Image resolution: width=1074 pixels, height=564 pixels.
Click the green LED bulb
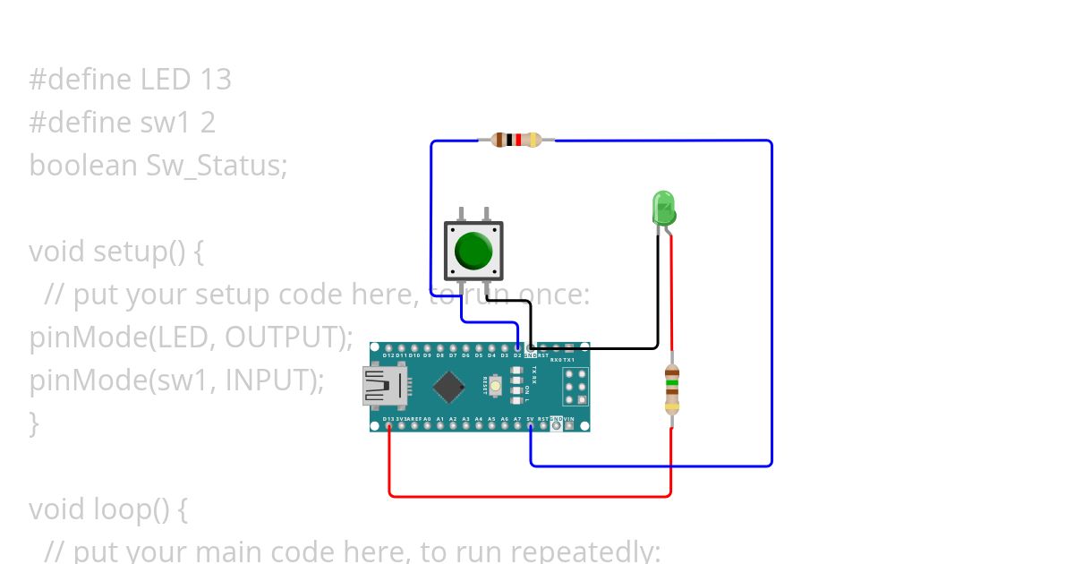(663, 208)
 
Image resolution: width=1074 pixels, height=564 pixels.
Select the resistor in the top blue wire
(516, 140)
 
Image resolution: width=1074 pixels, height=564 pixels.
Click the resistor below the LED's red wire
(672, 389)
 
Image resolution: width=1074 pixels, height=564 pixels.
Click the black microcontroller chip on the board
(449, 386)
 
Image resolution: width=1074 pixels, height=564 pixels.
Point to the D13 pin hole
(388, 425)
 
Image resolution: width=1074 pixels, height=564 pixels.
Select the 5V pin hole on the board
(530, 425)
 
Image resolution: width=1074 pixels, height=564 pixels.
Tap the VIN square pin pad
(569, 425)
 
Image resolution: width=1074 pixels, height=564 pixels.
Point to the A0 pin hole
(427, 425)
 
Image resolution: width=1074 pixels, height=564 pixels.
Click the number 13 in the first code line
(215, 80)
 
